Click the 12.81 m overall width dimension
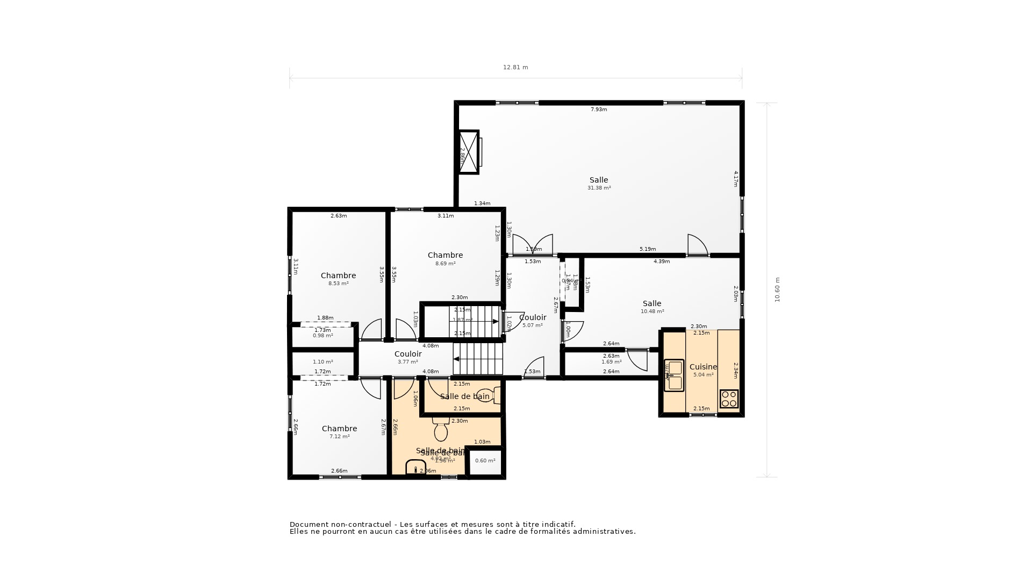tap(515, 68)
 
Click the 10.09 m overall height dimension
tap(777, 290)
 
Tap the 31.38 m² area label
tap(599, 188)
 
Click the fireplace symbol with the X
tap(468, 152)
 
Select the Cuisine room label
tap(703, 367)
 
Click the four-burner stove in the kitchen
tap(729, 398)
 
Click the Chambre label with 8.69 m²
tap(445, 255)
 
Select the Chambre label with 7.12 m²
tap(339, 429)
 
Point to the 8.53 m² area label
tap(338, 284)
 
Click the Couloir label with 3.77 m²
tap(408, 354)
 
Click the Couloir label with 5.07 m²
tap(533, 317)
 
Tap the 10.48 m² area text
tap(652, 311)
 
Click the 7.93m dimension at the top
tap(599, 110)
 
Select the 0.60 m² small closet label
tap(485, 461)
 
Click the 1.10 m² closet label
tap(322, 362)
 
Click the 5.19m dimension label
tap(647, 249)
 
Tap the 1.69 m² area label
tap(611, 362)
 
